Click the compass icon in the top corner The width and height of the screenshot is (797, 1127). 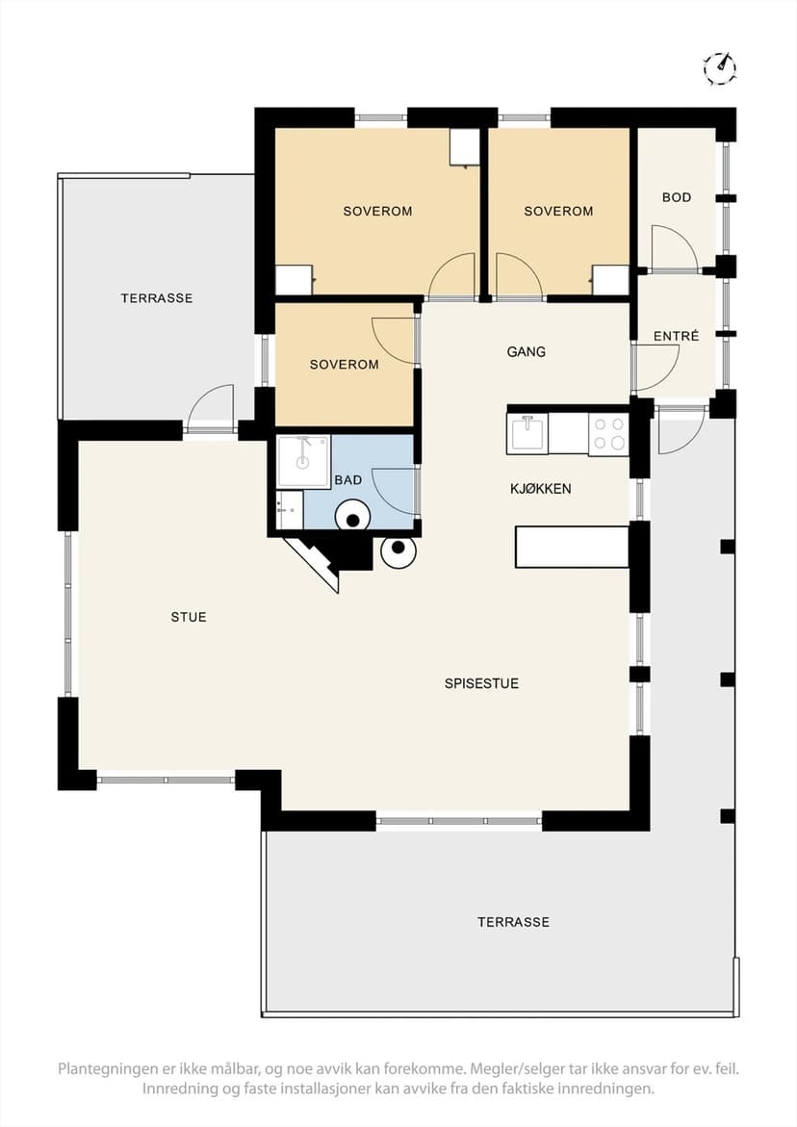719,68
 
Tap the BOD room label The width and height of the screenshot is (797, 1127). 677,197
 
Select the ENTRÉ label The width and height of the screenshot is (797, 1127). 677,336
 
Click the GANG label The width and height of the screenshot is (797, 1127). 527,351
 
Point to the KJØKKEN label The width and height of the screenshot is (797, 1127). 540,489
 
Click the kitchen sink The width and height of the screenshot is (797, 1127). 528,433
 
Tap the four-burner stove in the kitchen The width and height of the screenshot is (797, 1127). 608,433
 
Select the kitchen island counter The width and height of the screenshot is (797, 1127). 572,547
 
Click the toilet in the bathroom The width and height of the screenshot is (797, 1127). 352,516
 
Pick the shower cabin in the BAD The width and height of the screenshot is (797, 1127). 303,461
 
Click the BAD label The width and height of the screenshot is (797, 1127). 347,480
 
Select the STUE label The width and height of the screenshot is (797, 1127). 189,617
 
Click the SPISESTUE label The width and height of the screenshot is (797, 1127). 481,683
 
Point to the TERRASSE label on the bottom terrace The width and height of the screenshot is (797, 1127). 513,922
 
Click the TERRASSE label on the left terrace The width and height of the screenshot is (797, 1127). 157,297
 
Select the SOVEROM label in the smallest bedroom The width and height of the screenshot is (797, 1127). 345,365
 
